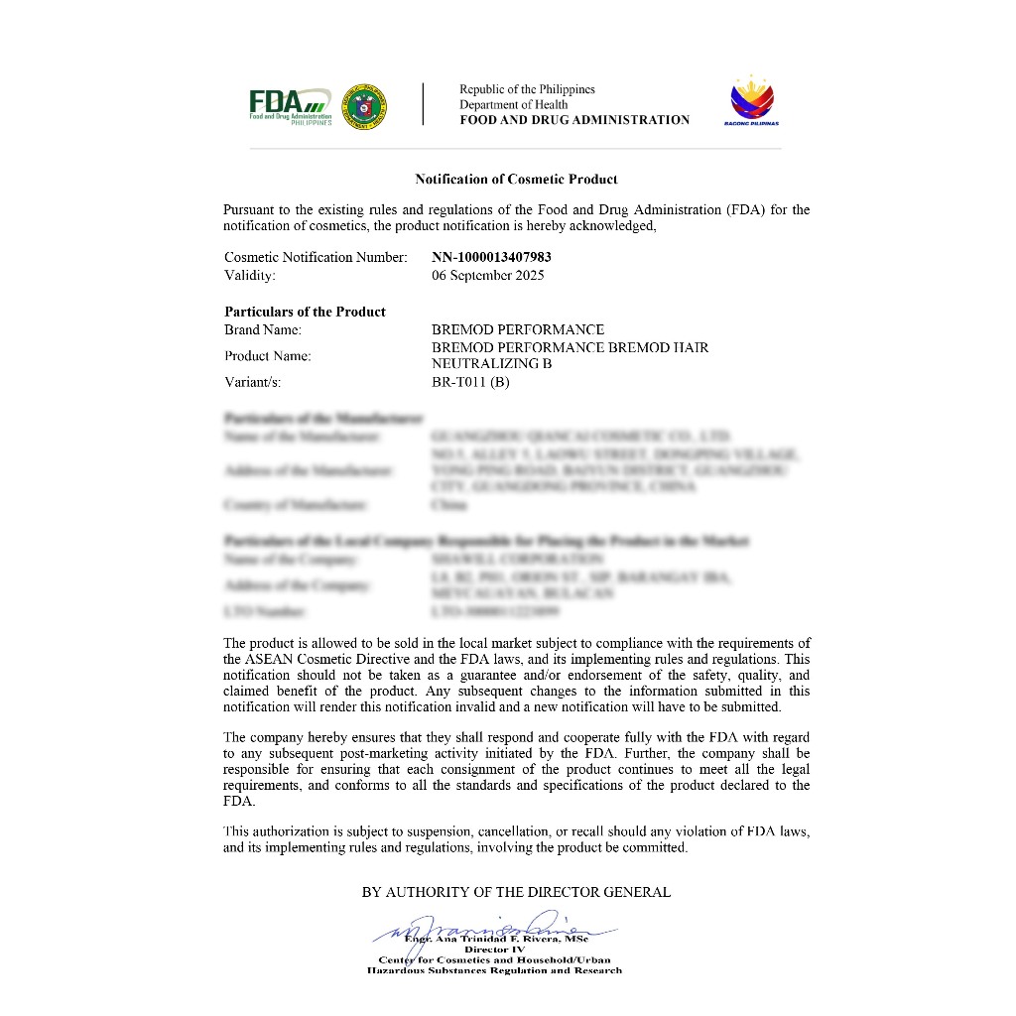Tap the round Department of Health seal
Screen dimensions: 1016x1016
tap(364, 105)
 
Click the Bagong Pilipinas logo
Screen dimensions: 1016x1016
tap(754, 102)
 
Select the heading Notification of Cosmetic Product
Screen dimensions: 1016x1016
tap(516, 180)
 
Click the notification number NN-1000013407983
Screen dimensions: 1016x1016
tap(491, 257)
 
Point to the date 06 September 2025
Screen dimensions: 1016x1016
tap(487, 275)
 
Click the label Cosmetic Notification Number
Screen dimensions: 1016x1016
tap(316, 257)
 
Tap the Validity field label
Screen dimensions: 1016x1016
tap(250, 275)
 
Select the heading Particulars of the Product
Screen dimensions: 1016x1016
tap(305, 312)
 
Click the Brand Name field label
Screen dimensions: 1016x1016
tap(263, 329)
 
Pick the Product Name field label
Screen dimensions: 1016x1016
tap(268, 355)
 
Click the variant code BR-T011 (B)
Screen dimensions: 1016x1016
tap(470, 382)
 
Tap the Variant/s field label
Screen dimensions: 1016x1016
tap(254, 382)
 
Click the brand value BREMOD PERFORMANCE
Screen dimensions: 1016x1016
tap(518, 329)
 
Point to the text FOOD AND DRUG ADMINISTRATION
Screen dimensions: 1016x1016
tap(574, 120)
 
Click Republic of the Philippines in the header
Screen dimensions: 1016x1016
tap(527, 89)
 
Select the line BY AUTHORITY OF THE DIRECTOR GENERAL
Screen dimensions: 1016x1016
tap(516, 892)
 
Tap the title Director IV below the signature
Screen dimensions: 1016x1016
tap(494, 950)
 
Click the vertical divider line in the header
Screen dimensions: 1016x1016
tap(424, 104)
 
